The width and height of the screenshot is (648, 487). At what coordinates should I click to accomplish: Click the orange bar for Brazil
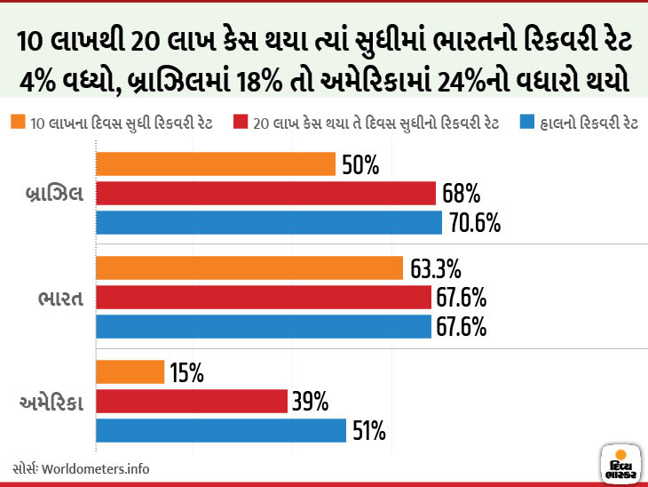click(x=215, y=164)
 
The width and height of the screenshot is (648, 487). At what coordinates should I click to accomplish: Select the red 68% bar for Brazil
click(x=265, y=194)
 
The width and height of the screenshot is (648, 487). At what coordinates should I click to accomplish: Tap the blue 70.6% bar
click(x=268, y=222)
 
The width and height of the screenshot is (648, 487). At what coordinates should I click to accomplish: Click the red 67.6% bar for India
click(x=263, y=297)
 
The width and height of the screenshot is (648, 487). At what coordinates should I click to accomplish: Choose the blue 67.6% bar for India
click(x=263, y=326)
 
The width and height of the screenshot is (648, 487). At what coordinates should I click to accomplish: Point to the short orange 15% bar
click(x=130, y=372)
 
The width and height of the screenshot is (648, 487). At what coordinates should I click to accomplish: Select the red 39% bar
click(x=191, y=402)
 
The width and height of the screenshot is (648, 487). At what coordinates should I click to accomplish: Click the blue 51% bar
click(x=220, y=431)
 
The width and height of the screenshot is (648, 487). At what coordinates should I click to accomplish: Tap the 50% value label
click(x=360, y=165)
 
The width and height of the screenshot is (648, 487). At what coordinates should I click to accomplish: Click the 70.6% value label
click(x=475, y=223)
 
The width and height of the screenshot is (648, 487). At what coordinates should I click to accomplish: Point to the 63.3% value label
click(x=436, y=268)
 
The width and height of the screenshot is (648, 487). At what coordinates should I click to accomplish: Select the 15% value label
click(x=187, y=373)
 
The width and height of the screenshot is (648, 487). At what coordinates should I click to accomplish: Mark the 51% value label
click(x=368, y=432)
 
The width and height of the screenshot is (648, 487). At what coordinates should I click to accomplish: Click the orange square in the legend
click(x=18, y=122)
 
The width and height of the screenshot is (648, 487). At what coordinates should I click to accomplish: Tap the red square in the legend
click(x=240, y=122)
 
